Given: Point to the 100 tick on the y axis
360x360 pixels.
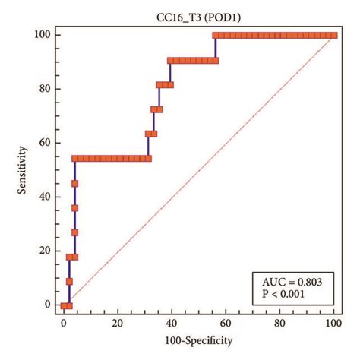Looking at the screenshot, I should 43,35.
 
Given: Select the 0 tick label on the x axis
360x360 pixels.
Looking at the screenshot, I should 64,322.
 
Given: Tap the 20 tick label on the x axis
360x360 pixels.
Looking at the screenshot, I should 118,322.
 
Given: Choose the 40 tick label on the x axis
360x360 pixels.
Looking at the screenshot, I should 172,322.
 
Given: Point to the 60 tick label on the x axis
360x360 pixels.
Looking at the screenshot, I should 226,322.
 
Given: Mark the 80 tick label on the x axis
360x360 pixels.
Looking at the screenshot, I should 279,322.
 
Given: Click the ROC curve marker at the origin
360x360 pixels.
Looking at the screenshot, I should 64,305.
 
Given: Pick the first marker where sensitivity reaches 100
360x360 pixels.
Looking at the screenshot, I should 216,35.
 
